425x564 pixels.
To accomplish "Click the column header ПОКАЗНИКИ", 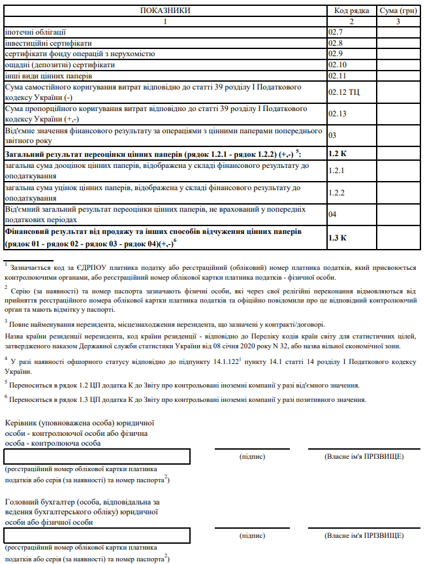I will click(x=165, y=11).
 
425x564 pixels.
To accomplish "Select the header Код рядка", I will click(x=351, y=11).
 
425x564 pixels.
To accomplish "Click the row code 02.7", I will click(x=336, y=31).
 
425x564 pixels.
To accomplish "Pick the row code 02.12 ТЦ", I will click(x=343, y=91).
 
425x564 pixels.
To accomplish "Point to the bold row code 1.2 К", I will click(x=338, y=154).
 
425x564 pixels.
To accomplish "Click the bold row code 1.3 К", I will click(x=338, y=237).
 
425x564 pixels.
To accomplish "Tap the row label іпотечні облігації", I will click(x=36, y=31).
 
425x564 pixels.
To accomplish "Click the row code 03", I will click(x=332, y=135).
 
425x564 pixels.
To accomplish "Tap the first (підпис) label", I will click(x=253, y=456).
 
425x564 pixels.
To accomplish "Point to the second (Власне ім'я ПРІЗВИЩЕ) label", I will click(x=364, y=535).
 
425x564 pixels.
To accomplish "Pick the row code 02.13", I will click(x=336, y=114).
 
